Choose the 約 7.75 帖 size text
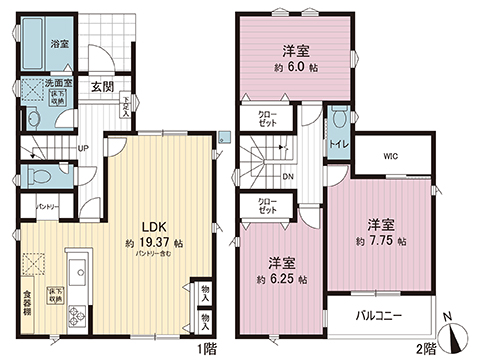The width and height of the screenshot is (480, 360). pos(381,242)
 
